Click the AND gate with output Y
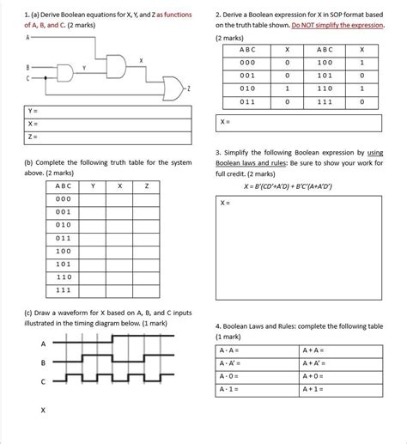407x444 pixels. coord(67,71)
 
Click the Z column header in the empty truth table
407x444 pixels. coord(147,186)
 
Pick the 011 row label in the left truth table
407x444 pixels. coord(64,238)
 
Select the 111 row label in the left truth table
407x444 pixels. coord(64,290)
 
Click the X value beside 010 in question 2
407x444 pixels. coord(287,88)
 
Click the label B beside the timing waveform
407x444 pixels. coord(43,363)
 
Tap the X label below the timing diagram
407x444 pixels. coord(43,411)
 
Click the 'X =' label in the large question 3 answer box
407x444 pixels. coord(226,203)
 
